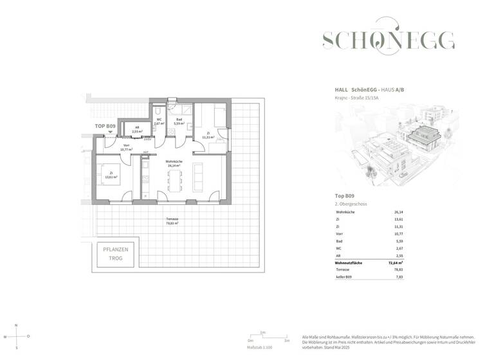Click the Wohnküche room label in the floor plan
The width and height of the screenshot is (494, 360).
pos(172,163)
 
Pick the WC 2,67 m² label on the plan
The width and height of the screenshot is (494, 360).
pos(159,122)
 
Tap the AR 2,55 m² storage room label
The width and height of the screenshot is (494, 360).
pos(137,129)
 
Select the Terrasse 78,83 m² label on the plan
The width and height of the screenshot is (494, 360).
pos(172,222)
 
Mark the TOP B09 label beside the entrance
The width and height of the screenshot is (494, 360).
pos(105,127)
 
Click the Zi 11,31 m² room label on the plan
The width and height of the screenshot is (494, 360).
pos(207,136)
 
